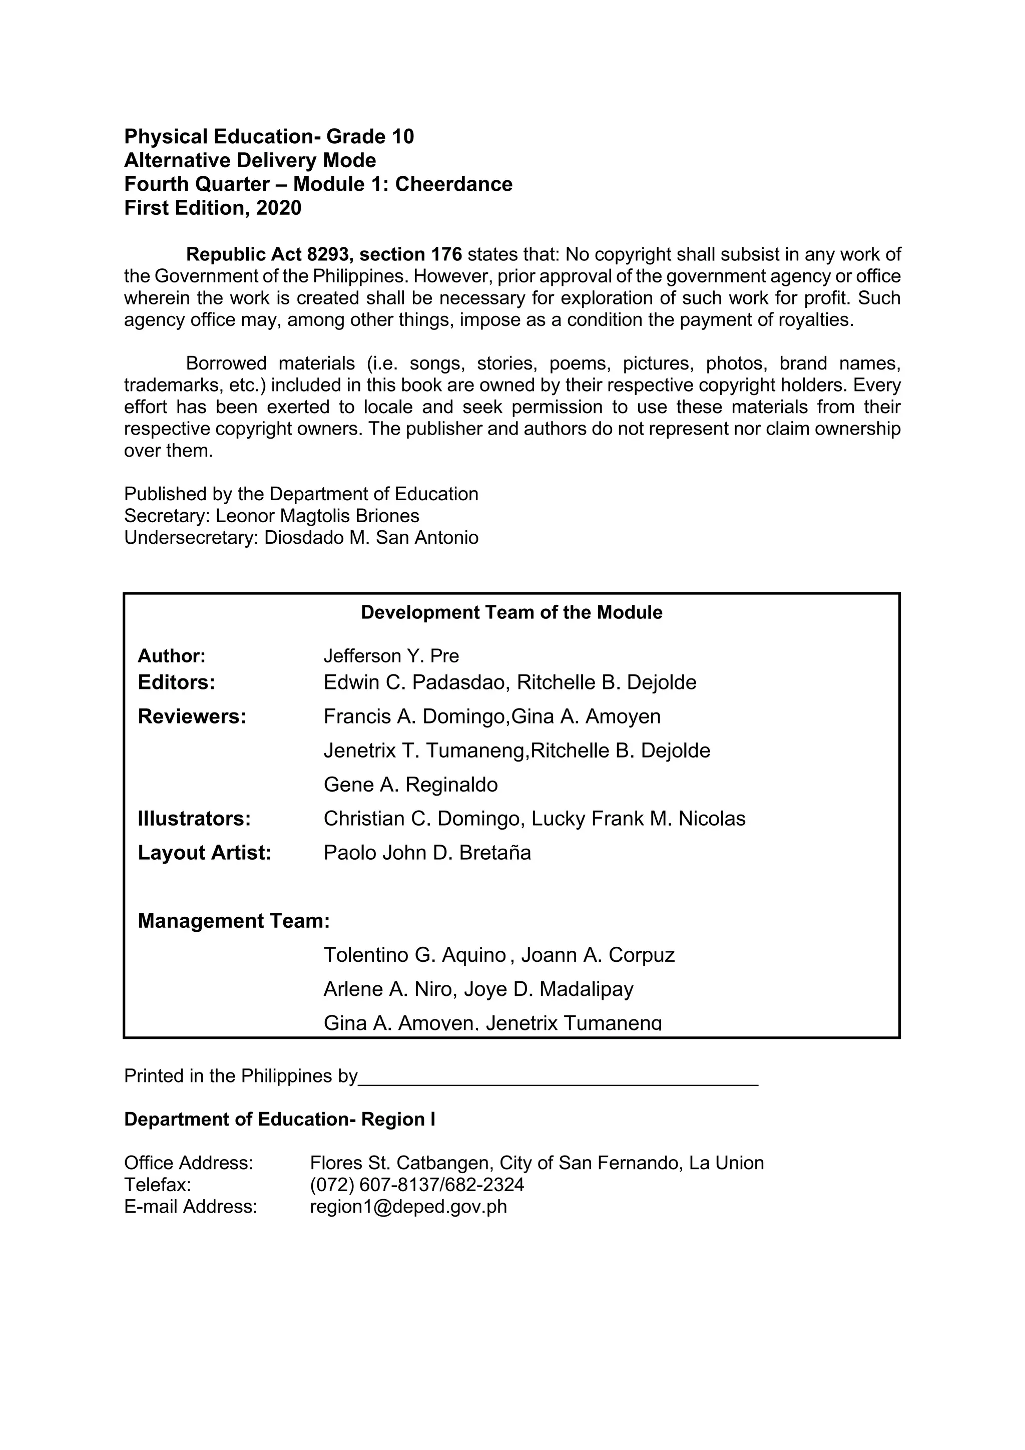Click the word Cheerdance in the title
[453, 184]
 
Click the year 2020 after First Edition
[278, 208]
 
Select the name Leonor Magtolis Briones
[317, 516]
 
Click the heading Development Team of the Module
[511, 612]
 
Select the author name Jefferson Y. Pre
[391, 656]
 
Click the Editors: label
[176, 682]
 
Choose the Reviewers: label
[191, 717]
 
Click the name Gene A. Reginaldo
[410, 785]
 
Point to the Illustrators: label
[194, 819]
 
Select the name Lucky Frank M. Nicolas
[638, 819]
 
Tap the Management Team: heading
[234, 921]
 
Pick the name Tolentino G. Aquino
[415, 955]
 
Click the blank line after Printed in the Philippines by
[558, 1077]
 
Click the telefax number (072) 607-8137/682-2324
[416, 1185]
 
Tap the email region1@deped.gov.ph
[408, 1207]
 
